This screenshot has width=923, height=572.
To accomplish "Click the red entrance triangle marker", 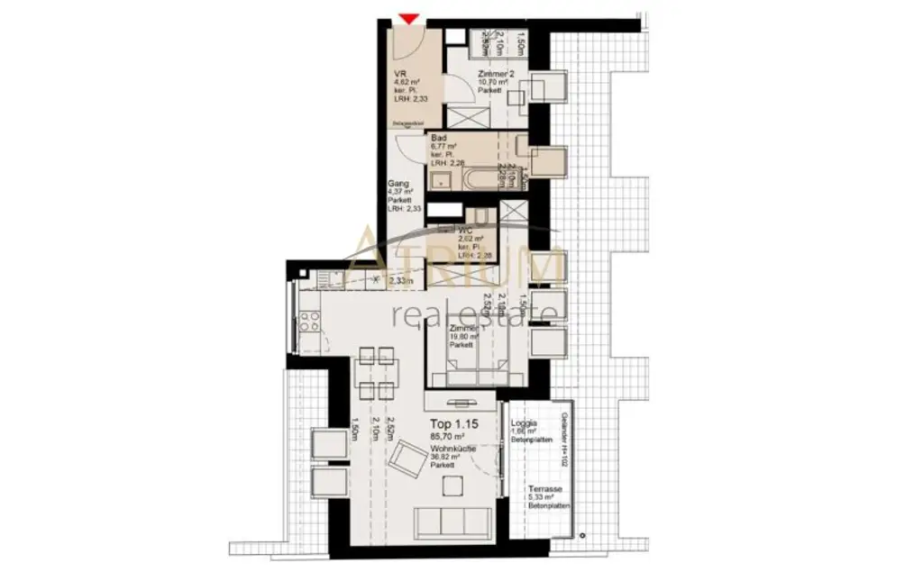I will point(409,17).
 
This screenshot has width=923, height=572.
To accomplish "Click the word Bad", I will point(439,138).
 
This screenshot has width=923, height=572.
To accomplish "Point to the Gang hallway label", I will point(398,182).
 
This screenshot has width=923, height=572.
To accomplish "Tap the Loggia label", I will point(524,422).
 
